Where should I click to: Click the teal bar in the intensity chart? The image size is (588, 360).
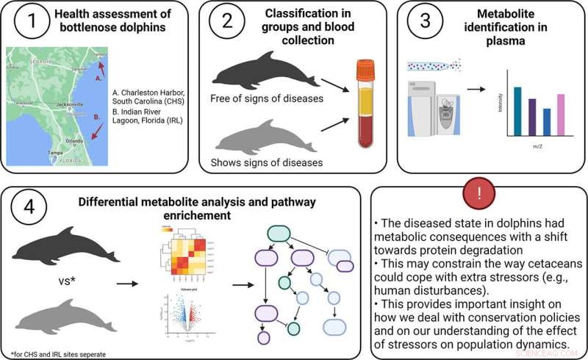click(x=517, y=110)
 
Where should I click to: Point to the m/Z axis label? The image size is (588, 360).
click(x=537, y=147)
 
